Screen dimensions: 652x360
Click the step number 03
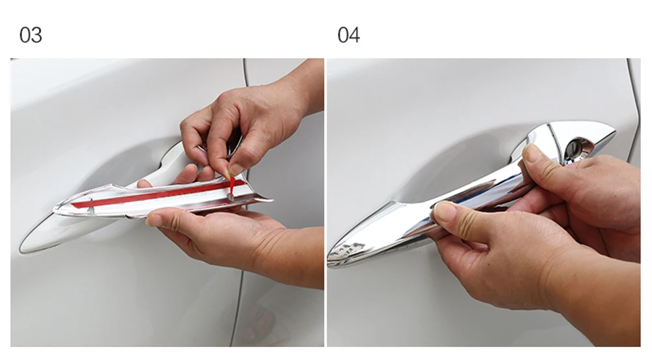click(x=31, y=35)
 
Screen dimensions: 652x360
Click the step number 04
click(x=349, y=35)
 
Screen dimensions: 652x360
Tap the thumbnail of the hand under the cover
click(x=155, y=219)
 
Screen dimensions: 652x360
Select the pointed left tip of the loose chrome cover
click(x=57, y=211)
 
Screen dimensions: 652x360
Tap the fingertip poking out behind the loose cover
click(x=144, y=183)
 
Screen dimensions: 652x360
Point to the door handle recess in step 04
click(x=449, y=166)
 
